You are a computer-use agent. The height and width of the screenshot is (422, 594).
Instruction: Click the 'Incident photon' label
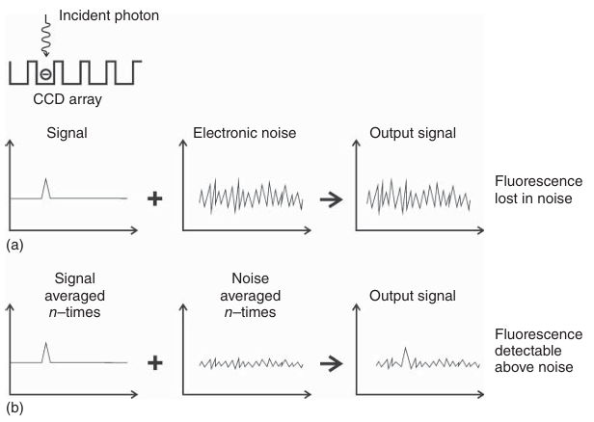[x=109, y=15]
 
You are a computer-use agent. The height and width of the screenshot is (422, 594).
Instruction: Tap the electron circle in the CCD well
[x=45, y=74]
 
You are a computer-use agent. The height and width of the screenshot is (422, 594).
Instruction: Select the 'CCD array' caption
[x=67, y=99]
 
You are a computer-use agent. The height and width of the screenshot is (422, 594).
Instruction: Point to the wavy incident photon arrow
[x=46, y=37]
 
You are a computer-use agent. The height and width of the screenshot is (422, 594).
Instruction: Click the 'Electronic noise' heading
[x=244, y=133]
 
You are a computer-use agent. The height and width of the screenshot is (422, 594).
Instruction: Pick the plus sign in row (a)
[x=155, y=198]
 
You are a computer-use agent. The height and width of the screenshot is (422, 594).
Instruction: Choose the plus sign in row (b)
[x=155, y=363]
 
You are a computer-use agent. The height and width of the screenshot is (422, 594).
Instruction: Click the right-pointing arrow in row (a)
[x=331, y=199]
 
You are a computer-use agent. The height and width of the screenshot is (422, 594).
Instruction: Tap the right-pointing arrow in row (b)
[x=331, y=364]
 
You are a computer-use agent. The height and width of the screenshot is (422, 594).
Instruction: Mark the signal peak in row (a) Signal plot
[x=46, y=178]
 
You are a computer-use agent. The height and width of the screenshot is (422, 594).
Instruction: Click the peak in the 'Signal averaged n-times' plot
[x=46, y=343]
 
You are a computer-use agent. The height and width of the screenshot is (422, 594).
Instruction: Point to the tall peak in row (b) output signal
[x=405, y=348]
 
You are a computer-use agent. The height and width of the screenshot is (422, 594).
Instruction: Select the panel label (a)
[x=14, y=246]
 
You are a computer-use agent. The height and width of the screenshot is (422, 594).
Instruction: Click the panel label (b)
[x=14, y=408]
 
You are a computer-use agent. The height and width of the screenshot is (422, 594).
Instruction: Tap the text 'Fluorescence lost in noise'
[x=538, y=190]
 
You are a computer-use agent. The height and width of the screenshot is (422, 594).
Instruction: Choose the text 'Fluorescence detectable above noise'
[x=538, y=351]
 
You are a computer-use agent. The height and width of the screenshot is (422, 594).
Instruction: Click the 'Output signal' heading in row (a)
[x=413, y=133]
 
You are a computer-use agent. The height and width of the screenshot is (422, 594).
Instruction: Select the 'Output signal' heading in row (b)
[x=413, y=296]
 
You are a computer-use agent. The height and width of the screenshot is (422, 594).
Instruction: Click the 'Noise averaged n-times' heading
[x=251, y=295]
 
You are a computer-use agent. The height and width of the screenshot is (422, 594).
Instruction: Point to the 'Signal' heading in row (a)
[x=67, y=133]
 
